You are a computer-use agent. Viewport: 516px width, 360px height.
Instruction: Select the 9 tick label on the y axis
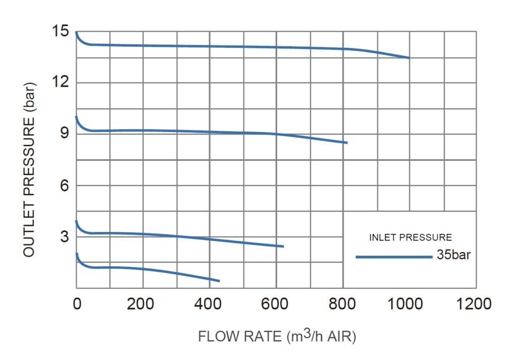click(x=63, y=134)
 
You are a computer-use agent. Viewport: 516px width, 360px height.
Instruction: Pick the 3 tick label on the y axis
click(x=63, y=237)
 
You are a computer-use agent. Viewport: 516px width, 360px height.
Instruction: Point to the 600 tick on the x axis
click(x=276, y=304)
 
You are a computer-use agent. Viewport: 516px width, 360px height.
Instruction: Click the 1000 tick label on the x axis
click(x=409, y=304)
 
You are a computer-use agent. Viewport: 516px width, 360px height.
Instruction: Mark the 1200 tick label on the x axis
click(x=476, y=304)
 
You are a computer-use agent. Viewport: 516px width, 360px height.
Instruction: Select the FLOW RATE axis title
click(x=277, y=336)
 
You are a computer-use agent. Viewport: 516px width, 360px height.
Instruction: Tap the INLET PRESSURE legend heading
click(x=410, y=237)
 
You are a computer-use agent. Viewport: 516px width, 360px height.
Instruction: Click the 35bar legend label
click(x=454, y=256)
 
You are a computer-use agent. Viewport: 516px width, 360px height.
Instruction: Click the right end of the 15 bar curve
click(x=409, y=58)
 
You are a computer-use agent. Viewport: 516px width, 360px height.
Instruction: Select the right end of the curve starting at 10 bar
click(x=347, y=143)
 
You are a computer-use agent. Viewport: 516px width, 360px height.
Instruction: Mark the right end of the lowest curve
click(x=219, y=281)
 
